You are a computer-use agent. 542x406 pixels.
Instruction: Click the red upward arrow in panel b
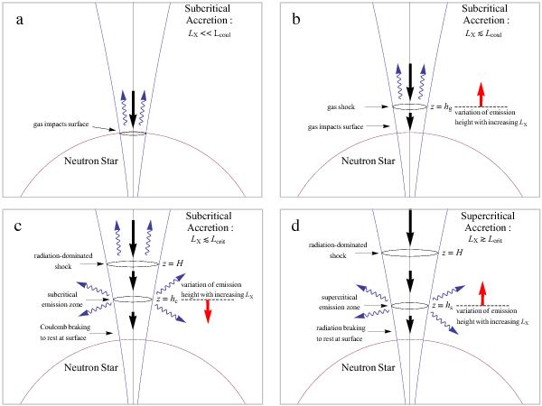pos(481,94)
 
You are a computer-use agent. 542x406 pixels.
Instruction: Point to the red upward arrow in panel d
pos(481,294)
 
